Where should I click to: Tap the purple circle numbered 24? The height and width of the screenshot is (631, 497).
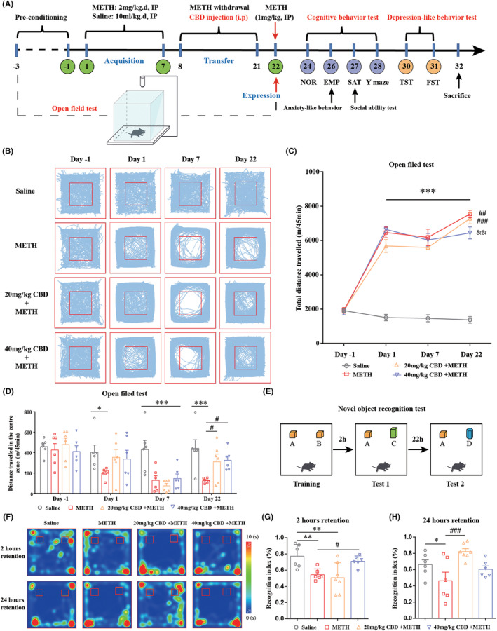[306, 66]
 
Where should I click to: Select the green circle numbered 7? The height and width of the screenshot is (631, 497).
[163, 66]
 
